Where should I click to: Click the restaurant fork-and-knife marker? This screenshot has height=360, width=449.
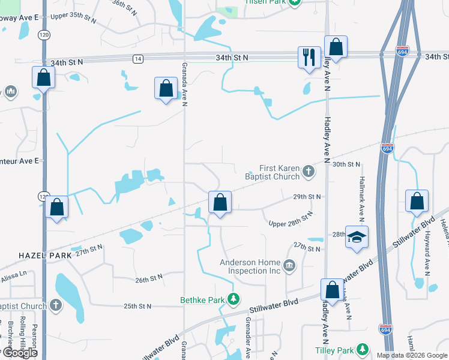pyautogui.click(x=309, y=58)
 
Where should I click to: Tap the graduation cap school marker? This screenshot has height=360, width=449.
pyautogui.click(x=357, y=237)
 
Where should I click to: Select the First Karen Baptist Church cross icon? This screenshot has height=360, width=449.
pyautogui.click(x=309, y=172)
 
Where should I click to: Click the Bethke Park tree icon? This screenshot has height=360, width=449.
pyautogui.click(x=234, y=299)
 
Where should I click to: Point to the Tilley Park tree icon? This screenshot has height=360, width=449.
pyautogui.click(x=362, y=349)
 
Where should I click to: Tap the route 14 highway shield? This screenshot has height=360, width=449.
pyautogui.click(x=138, y=58)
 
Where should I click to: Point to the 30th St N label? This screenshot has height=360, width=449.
pyautogui.click(x=346, y=164)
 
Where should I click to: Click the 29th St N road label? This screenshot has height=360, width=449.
pyautogui.click(x=307, y=196)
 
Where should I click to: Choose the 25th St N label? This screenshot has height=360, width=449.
pyautogui.click(x=137, y=306)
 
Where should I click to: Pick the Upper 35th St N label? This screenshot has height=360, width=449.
pyautogui.click(x=74, y=17)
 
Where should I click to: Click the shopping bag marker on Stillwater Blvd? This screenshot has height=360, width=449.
pyautogui.click(x=332, y=290)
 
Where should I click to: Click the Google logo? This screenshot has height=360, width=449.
pyautogui.click(x=19, y=353)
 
